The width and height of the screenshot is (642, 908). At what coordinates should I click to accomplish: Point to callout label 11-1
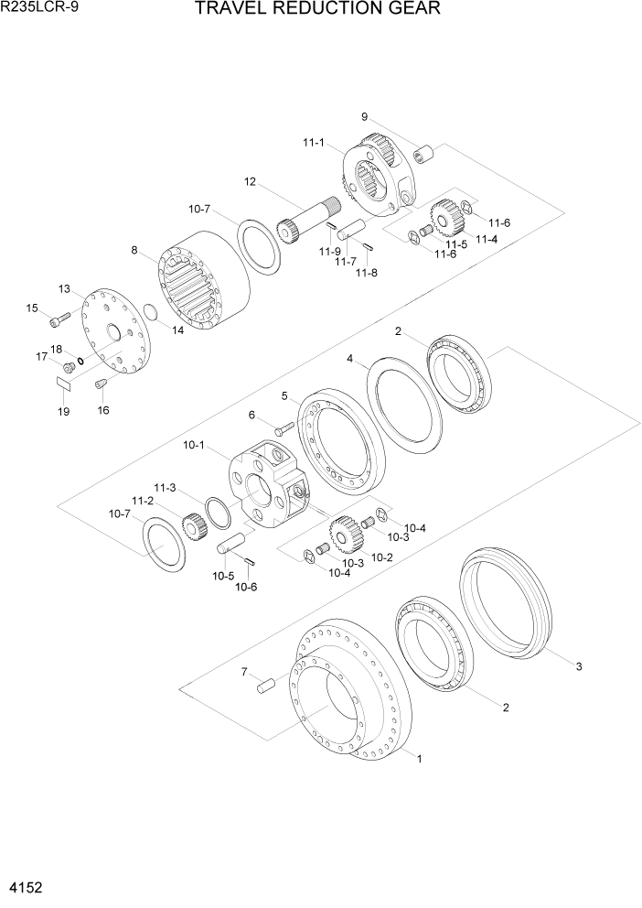pyautogui.click(x=314, y=142)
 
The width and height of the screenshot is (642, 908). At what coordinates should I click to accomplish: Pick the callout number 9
pyautogui.click(x=364, y=116)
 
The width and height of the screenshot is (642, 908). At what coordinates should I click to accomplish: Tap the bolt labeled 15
pyautogui.click(x=60, y=319)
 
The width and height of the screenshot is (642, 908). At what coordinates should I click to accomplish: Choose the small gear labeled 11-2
pyautogui.click(x=192, y=527)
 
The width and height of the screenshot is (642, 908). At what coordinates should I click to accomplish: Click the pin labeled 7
pyautogui.click(x=266, y=683)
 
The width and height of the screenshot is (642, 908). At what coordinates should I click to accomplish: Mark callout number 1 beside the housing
pyautogui.click(x=419, y=758)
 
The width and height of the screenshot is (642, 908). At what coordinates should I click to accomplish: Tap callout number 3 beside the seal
pyautogui.click(x=578, y=666)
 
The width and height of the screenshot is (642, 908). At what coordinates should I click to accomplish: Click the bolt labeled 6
pyautogui.click(x=283, y=427)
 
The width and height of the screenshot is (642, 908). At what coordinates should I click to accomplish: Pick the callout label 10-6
pyautogui.click(x=245, y=588)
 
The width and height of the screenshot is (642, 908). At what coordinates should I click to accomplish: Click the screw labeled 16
pyautogui.click(x=102, y=384)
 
